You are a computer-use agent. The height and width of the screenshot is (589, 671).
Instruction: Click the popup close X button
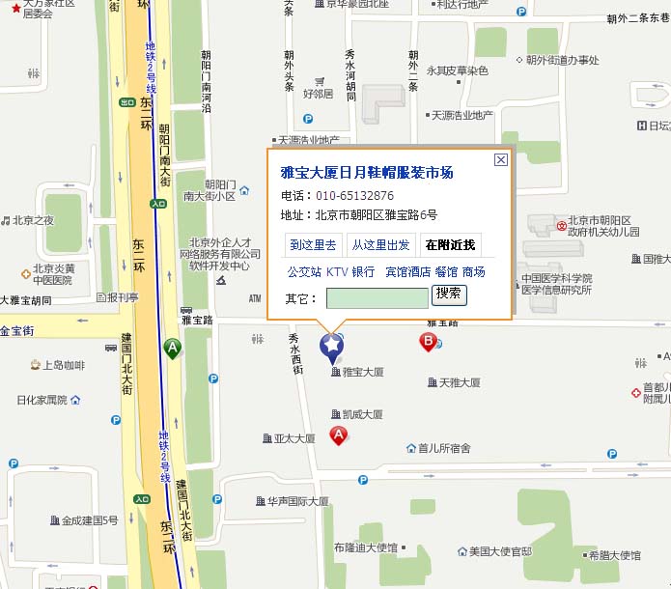point(500,160)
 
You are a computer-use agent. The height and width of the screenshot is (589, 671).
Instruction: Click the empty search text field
point(377,298)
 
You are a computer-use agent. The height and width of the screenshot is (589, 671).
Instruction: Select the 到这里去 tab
point(314,245)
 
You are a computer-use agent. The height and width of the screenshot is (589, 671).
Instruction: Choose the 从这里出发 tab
point(380,245)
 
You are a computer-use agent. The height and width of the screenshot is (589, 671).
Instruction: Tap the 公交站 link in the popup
point(304,272)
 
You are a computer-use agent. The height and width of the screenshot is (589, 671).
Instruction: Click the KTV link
point(337,272)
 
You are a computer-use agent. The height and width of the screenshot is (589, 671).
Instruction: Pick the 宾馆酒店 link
point(407,272)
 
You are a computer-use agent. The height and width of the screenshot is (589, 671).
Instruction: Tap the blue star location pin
point(332,346)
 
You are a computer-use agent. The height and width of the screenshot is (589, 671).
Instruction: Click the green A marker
point(173,348)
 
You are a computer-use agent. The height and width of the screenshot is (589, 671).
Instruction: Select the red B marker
point(428,341)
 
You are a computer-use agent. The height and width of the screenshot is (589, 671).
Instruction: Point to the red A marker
point(339,435)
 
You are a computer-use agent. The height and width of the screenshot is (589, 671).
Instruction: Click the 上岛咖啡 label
point(64,365)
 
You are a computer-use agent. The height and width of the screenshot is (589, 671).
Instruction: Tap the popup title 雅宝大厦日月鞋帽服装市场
point(366,173)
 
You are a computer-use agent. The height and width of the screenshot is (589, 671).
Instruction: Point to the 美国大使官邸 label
point(500,551)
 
